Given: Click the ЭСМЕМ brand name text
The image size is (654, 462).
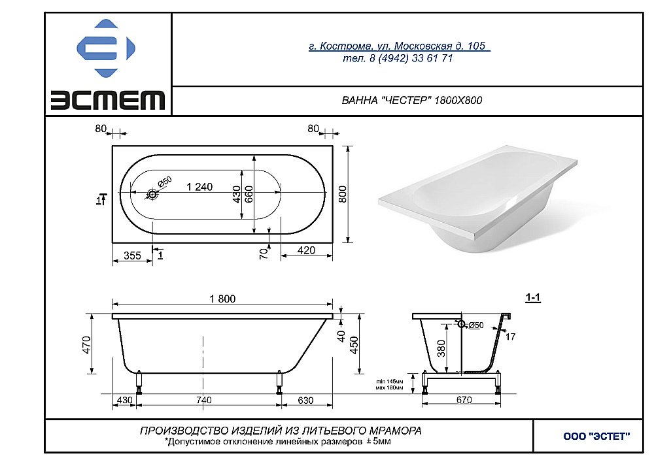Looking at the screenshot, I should coord(108,100).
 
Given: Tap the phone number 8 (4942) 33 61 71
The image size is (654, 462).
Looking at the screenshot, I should coord(398,58).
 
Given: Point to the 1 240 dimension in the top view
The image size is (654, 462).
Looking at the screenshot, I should coord(199,187).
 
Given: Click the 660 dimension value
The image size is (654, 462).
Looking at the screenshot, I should coord(249,194).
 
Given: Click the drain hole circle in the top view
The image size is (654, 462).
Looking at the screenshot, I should coord(152,194).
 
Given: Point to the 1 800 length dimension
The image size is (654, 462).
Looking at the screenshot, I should coord(222,299).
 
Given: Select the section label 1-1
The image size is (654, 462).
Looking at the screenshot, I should coord(533,298).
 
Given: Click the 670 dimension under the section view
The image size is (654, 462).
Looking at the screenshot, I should coord(463,400).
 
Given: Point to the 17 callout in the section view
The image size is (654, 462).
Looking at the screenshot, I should coord(511,337).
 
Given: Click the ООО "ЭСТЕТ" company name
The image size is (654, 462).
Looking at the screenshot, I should coord(596,436).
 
